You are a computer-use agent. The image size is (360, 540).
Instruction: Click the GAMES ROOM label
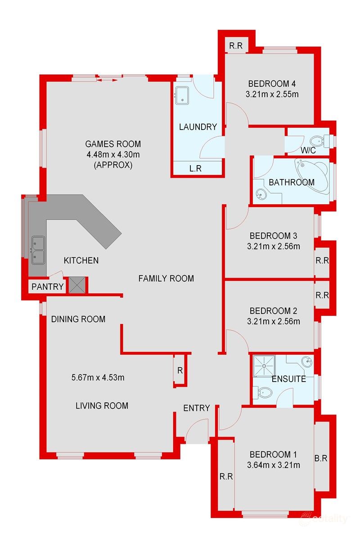(113, 144)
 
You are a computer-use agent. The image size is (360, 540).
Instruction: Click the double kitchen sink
(37, 250)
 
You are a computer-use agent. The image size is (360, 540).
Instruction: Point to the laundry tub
(182, 95)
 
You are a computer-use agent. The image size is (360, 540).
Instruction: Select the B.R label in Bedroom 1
(320, 459)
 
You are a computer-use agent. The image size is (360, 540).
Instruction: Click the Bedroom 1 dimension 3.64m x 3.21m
(274, 465)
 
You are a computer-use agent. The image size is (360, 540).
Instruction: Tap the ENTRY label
(196, 408)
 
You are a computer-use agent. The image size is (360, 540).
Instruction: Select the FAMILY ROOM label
(166, 279)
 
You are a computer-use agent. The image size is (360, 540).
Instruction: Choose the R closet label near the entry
(180, 370)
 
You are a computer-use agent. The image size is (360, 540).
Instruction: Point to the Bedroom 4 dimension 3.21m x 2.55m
(274, 94)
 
